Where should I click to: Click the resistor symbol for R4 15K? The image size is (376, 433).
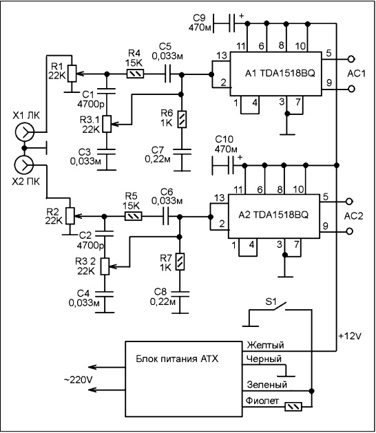coord(135,74)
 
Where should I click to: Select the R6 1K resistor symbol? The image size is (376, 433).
coord(182,119)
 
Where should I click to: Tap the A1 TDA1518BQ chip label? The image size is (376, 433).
coord(280,74)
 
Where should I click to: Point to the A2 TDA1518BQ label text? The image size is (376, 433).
coord(273,215)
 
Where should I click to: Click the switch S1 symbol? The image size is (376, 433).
coord(280,306)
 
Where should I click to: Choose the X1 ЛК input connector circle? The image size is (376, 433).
coord(24,132)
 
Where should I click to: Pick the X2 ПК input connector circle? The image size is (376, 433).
coord(24,165)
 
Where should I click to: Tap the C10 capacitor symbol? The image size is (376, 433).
coord(231,165)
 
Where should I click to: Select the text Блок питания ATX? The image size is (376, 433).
coord(177,359)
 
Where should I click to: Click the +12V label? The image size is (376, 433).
coord(350,336)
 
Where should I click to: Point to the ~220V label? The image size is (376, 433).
coord(79,380)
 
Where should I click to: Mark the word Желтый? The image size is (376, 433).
coord(265,345)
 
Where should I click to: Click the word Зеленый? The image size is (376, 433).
coord(267,385)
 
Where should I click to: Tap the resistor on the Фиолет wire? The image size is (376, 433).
coord(293,406)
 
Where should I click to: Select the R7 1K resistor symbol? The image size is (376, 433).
coord(180,262)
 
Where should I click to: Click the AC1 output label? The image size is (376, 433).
coord(357,74)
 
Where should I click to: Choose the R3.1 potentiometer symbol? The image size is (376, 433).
coord(107,124)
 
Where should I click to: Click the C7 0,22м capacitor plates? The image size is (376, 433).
coord(182,151)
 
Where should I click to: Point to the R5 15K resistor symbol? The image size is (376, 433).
coord(134,216)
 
